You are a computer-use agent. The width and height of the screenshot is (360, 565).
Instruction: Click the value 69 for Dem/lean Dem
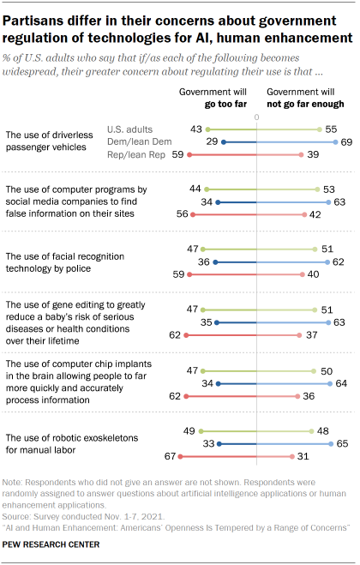345,141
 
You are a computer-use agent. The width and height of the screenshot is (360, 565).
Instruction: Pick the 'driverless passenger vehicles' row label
58,141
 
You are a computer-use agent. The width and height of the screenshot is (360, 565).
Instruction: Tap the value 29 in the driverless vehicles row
210,141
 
